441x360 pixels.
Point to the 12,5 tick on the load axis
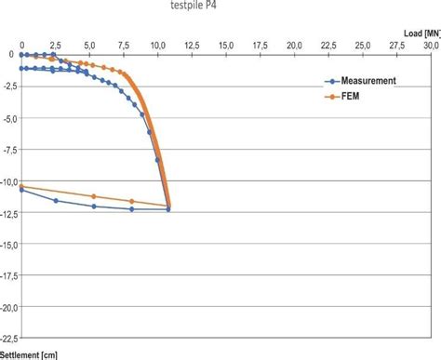pyautogui.click(x=192, y=44)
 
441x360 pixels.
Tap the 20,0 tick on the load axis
pyautogui.click(x=294, y=44)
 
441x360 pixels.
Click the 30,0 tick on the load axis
pyautogui.click(x=430, y=44)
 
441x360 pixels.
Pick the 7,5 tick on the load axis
pyautogui.click(x=124, y=44)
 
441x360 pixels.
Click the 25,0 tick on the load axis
pyautogui.click(x=362, y=44)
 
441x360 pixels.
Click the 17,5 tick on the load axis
pyautogui.click(x=260, y=44)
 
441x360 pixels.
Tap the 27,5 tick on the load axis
pyautogui.click(x=396, y=44)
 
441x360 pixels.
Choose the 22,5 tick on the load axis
pyautogui.click(x=327, y=44)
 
